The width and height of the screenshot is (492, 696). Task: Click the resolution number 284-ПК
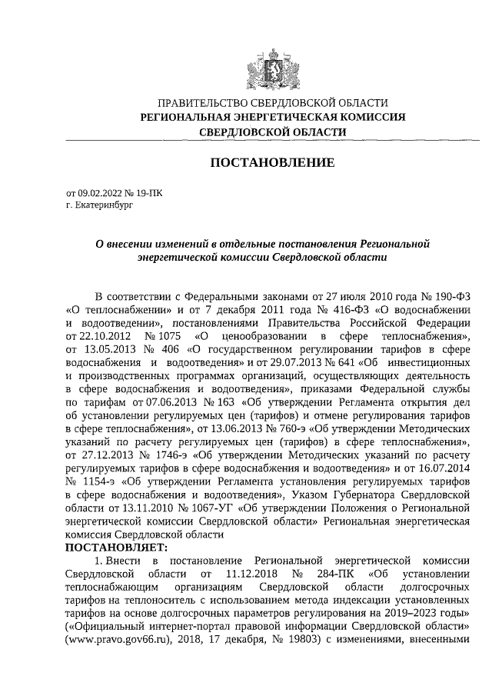tap(334, 574)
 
